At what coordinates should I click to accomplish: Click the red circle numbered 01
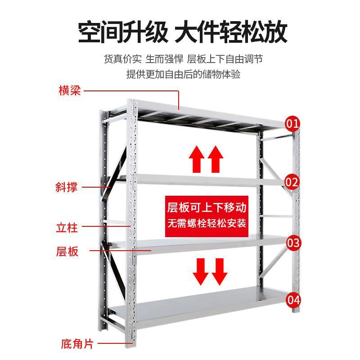(293, 123)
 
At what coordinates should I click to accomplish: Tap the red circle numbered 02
(292, 182)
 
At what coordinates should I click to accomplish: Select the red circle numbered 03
(293, 243)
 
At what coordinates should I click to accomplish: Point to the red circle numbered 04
(293, 299)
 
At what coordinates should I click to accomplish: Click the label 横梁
(69, 90)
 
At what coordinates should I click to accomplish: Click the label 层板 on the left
(68, 251)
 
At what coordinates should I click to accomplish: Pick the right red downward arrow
(220, 271)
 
